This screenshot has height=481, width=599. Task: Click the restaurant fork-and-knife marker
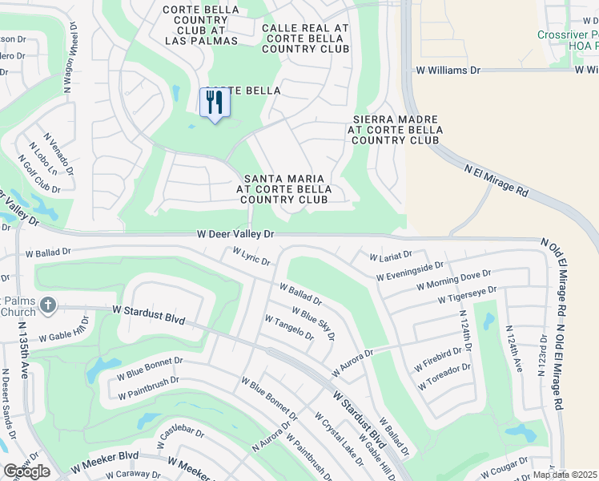point(215,103)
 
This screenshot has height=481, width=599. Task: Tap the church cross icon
point(47,305)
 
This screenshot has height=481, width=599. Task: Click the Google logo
point(26,471)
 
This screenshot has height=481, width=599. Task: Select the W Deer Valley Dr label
point(236,235)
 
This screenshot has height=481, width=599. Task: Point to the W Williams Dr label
point(448,71)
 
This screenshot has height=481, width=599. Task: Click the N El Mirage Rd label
point(497,181)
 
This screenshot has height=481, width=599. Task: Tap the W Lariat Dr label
point(390,256)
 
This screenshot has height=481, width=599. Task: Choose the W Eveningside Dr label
point(409,271)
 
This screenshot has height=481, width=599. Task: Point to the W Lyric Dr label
point(251,257)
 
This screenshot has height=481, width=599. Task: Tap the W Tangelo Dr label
point(288,328)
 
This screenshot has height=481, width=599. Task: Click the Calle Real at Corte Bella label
point(305,38)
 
